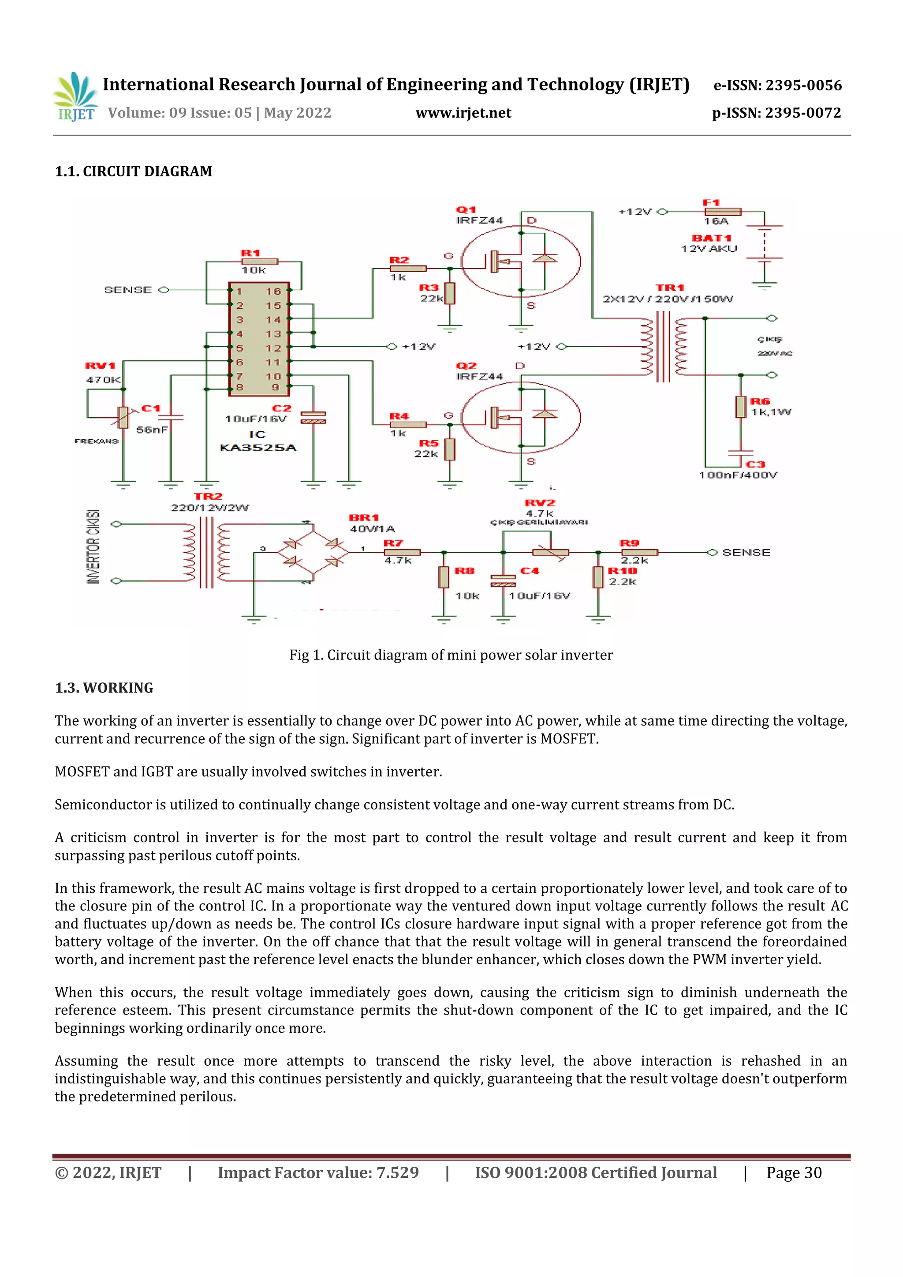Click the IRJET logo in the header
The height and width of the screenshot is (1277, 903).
tap(75, 97)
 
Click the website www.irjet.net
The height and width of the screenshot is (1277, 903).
tap(463, 113)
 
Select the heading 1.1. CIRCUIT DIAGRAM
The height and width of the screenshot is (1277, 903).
tap(134, 171)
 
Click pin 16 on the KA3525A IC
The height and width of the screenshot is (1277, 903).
tap(273, 291)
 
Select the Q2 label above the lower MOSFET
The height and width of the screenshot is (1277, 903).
tap(466, 366)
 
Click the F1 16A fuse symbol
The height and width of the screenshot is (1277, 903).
tap(722, 211)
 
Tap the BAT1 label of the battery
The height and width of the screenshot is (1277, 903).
tap(711, 238)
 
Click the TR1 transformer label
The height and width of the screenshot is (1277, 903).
tap(669, 288)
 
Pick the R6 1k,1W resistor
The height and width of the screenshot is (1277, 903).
tap(741, 407)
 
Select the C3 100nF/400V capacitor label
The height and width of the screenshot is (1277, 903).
tap(755, 464)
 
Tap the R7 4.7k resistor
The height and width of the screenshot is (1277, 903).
tap(402, 552)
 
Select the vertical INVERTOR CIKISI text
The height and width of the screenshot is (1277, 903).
tap(93, 546)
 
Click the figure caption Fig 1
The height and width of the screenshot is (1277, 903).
tap(450, 655)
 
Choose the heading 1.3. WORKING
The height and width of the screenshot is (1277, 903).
tap(104, 688)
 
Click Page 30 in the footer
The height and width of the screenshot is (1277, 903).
tap(794, 1173)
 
